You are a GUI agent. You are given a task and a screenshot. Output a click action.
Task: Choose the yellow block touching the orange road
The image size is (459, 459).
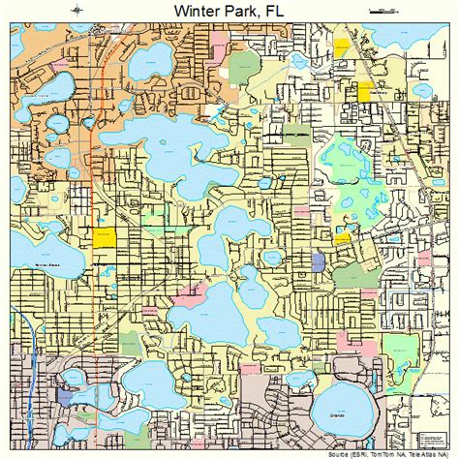tap(103, 236)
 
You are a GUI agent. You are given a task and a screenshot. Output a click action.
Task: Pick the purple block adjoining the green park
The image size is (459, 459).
tap(320, 260)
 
